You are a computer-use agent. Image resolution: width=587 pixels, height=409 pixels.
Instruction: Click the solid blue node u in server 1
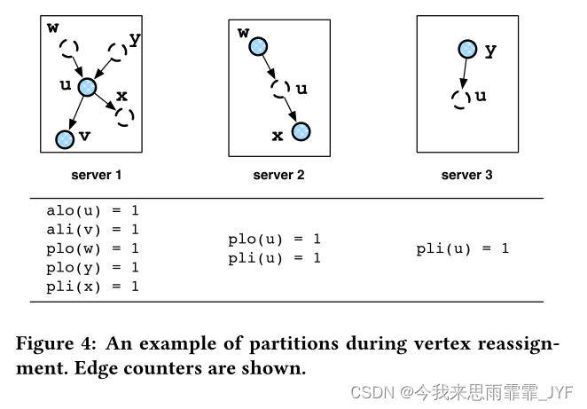pos(87,86)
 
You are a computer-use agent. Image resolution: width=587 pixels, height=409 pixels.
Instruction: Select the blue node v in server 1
pos(64,138)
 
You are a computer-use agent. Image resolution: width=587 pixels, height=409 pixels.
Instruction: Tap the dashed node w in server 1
pos(70,46)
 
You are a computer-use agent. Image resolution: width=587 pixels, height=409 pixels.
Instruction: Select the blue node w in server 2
pos(257,46)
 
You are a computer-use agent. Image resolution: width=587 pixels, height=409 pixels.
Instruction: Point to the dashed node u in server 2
pos(280,88)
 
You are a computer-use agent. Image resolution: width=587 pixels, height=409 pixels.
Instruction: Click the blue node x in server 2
pos(301,132)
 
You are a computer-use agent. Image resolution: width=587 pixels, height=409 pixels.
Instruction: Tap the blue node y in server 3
pos(468,50)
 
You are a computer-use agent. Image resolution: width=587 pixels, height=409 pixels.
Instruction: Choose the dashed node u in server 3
pos(459,98)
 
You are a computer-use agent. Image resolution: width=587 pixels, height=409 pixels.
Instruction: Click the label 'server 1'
pos(95,176)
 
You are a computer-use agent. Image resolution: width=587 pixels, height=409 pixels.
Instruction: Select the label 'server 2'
pos(278,176)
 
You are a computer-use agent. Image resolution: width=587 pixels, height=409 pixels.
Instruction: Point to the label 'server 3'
pos(467,176)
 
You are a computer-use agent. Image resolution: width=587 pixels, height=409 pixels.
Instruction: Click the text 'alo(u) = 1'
pos(92,211)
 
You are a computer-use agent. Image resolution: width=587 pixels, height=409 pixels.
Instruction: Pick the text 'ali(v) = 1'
pos(92,230)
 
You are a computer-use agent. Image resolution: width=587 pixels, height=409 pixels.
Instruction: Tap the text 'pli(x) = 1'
pos(92,286)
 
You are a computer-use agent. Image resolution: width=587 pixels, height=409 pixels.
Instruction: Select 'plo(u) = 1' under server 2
pos(274,240)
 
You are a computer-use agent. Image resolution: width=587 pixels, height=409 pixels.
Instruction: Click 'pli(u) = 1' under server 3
pos(462,248)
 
